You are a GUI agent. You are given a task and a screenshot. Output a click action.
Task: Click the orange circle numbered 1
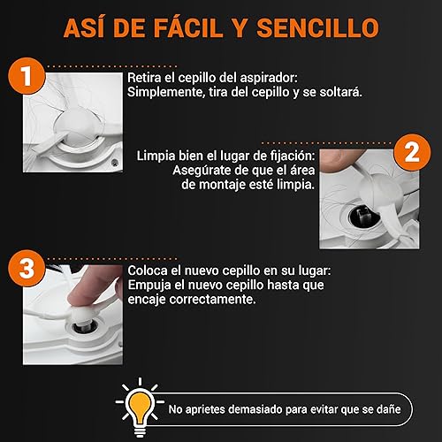(27, 76)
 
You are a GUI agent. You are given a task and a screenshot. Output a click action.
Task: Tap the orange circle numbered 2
(412, 152)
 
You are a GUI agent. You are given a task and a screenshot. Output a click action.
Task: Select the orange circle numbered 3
(27, 269)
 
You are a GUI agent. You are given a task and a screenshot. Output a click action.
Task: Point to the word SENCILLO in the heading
(317, 28)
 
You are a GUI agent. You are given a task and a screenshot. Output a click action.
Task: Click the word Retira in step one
(144, 78)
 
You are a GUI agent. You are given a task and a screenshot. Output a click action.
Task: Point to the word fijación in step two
(293, 156)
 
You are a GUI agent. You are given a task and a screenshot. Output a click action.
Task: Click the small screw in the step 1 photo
(115, 162)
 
